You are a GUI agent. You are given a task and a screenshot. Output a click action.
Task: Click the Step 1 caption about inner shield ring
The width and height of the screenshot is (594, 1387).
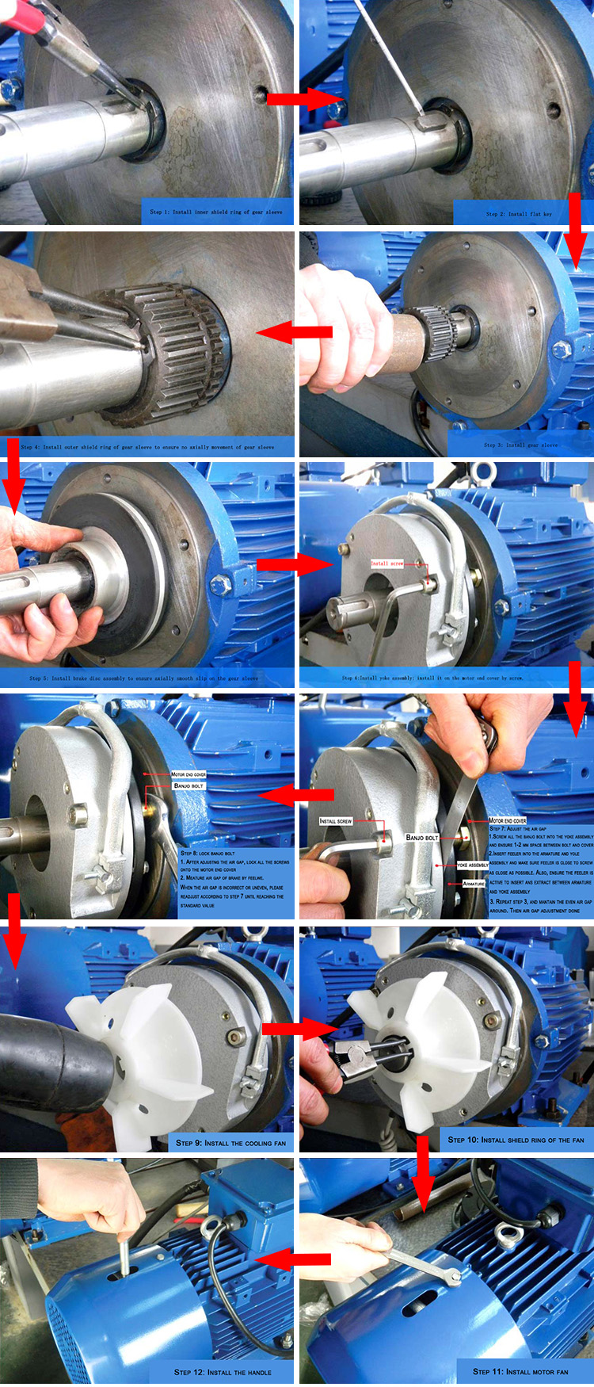(215, 212)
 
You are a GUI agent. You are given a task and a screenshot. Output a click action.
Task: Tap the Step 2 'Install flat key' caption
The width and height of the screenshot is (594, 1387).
(519, 213)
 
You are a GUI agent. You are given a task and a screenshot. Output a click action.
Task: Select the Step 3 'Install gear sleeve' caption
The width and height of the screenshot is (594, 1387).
(520, 445)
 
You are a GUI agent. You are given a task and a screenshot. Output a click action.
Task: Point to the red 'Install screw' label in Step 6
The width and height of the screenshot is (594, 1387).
(387, 564)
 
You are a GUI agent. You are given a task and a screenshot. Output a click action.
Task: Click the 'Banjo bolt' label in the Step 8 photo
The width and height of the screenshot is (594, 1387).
(188, 785)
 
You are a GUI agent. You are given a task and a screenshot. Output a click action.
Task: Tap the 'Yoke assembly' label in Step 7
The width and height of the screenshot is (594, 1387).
(472, 865)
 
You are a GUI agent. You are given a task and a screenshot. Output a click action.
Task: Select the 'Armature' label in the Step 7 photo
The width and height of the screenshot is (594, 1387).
(474, 883)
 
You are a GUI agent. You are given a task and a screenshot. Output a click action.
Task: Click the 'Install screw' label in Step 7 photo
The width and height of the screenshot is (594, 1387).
(335, 821)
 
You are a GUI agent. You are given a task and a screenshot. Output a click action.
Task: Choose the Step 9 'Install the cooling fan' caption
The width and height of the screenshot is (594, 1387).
(230, 1143)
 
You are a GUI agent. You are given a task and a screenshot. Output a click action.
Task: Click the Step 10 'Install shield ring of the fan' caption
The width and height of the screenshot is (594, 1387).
(516, 1140)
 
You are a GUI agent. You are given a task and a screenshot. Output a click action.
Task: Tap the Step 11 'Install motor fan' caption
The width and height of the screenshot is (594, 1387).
(520, 1371)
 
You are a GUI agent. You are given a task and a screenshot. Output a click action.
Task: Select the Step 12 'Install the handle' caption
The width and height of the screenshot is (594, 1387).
(223, 1372)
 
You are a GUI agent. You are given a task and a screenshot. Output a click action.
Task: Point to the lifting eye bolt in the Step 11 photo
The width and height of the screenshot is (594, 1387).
(506, 1234)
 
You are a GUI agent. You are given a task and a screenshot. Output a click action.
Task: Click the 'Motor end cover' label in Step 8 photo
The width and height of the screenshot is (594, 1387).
(188, 774)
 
